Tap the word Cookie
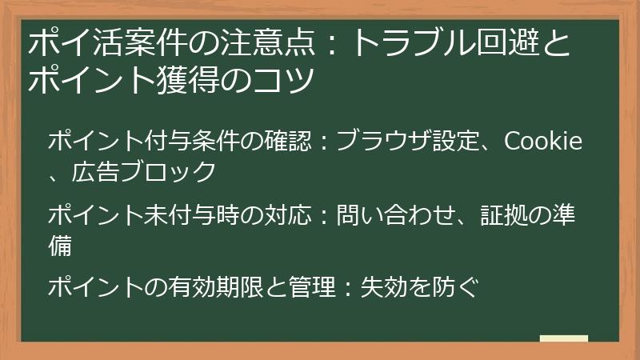click(543, 142)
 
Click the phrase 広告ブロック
click(144, 170)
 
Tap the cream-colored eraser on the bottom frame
click(564, 338)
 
